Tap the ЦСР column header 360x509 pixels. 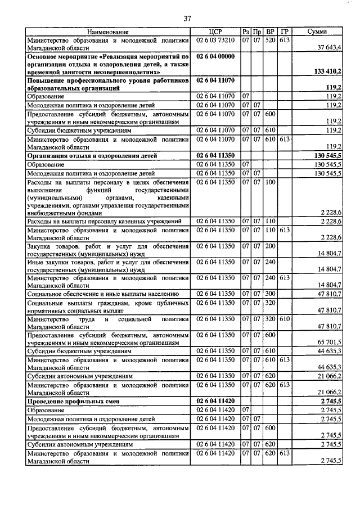[x=216, y=32]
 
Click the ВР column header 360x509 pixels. [x=271, y=32]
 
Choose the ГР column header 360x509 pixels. [x=284, y=32]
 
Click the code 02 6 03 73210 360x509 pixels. [x=216, y=40]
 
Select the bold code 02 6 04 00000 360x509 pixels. [x=216, y=57]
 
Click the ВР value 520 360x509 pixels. [x=271, y=40]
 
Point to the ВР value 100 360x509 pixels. [x=271, y=183]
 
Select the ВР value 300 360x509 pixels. [x=271, y=294]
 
